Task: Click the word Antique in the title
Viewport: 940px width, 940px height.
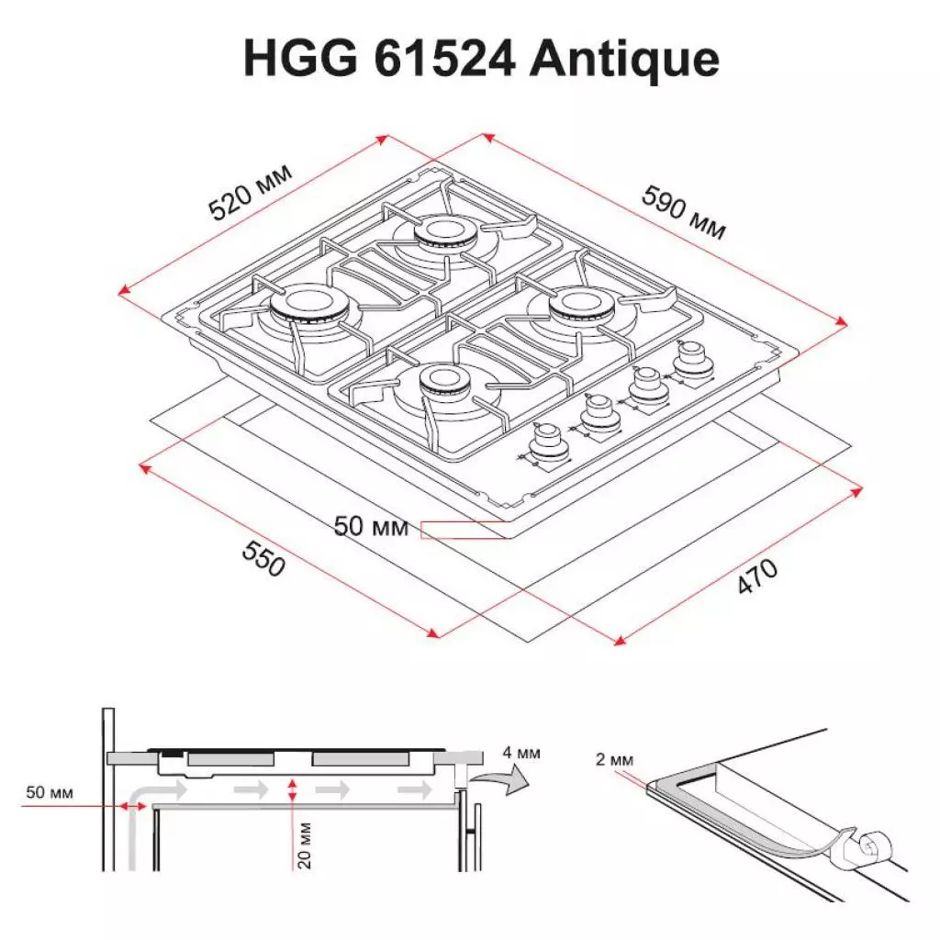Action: click(625, 59)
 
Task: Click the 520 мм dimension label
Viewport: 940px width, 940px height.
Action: click(250, 194)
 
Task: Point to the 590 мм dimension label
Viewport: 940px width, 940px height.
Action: click(683, 212)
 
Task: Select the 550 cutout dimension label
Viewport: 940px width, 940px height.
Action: click(263, 557)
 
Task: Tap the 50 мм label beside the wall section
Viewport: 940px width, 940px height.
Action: click(49, 792)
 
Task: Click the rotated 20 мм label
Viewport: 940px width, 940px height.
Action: click(306, 845)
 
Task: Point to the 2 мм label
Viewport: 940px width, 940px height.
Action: click(613, 759)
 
